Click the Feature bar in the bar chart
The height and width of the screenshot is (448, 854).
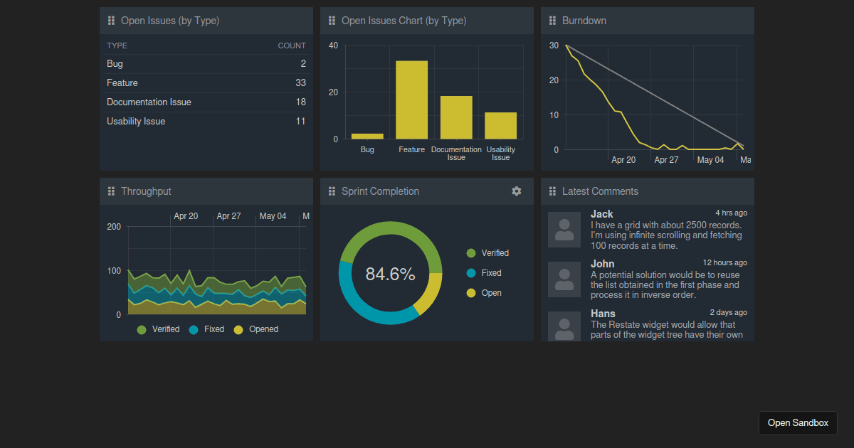411,100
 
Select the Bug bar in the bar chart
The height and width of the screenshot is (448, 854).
367,136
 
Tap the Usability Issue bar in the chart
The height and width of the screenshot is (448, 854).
500,125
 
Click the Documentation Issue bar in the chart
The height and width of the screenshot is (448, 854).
456,117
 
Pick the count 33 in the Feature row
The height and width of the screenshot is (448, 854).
300,83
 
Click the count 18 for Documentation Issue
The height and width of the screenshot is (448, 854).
300,102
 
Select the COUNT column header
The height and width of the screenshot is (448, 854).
291,46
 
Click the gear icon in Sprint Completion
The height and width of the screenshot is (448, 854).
517,191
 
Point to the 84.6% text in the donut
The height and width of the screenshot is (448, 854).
390,274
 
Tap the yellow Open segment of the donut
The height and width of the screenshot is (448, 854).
429,293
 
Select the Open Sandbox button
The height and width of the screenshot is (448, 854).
798,423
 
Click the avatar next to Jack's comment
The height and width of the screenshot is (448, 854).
564,230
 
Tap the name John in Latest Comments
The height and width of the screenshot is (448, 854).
602,264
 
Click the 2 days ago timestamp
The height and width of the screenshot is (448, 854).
728,312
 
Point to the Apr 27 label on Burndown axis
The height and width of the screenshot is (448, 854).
666,160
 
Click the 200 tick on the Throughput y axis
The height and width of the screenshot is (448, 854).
114,227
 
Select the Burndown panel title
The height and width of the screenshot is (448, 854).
584,21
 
